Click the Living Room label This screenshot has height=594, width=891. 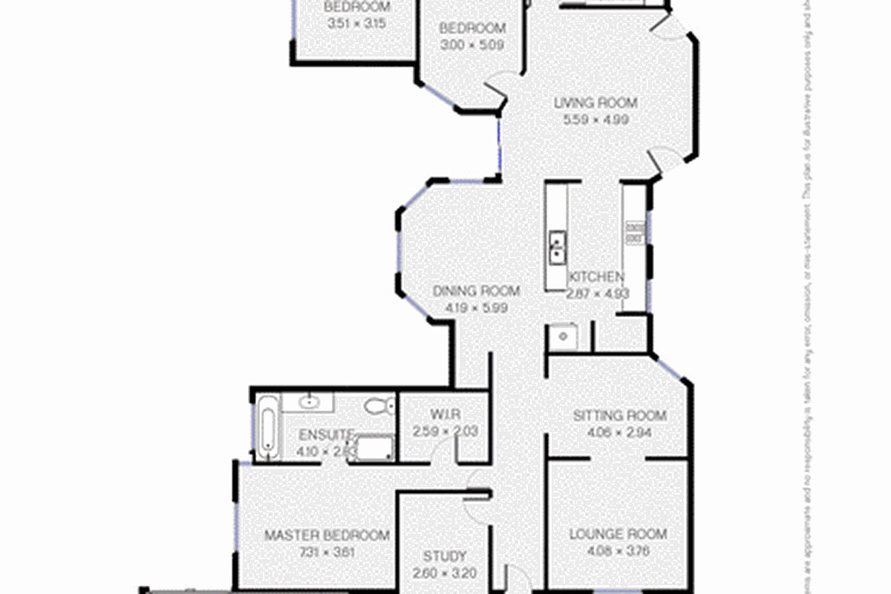(x=595, y=103)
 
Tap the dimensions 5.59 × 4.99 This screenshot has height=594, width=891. (x=595, y=118)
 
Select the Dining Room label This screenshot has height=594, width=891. (x=476, y=291)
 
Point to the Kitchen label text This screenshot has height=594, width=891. (x=596, y=277)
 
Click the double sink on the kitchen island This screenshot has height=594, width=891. (x=556, y=247)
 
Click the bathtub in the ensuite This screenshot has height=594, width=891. (x=267, y=425)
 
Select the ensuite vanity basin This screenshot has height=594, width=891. (x=310, y=402)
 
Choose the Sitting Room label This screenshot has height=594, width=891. (x=619, y=415)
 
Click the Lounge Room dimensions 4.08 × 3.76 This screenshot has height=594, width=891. (x=618, y=551)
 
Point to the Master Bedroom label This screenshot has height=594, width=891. (x=327, y=535)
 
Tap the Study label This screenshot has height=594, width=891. (x=445, y=556)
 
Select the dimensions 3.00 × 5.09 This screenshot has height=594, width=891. (x=472, y=44)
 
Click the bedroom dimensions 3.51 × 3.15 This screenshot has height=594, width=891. (x=357, y=22)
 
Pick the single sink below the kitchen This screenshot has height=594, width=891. (x=564, y=337)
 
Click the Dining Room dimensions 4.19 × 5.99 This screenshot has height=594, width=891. (x=476, y=307)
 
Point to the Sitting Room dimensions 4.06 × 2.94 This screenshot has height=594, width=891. (x=619, y=431)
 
